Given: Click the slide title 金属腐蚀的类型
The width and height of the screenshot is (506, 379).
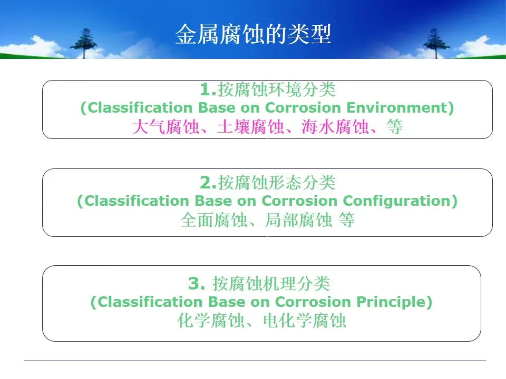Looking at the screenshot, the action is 253,34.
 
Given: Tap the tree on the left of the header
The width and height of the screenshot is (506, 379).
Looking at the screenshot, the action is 84,43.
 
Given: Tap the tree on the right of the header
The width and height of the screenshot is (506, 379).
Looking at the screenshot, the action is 436,43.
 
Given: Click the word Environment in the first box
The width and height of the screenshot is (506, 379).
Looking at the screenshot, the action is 397,107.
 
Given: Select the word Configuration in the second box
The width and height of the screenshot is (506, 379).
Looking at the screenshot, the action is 396,202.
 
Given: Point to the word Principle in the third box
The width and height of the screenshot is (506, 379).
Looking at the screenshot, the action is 391,302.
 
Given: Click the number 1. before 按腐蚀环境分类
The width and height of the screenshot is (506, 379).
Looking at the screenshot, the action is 208,89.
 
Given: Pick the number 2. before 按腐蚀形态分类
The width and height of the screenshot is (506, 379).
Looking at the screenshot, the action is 208,183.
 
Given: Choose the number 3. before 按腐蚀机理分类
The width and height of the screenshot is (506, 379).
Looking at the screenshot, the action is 197,284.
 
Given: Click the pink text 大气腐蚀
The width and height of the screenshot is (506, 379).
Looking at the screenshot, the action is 166,127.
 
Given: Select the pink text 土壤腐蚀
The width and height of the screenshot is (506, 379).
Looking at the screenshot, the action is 250,127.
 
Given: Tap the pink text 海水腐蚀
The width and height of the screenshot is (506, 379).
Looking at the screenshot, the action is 335,127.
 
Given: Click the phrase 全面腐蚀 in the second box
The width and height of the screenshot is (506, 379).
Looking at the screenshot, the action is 213,220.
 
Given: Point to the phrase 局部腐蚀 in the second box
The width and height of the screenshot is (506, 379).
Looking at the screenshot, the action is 298,220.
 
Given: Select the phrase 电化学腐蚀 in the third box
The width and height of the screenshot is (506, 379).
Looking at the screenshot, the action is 305,321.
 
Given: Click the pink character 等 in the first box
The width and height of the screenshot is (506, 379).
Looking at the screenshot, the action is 395,127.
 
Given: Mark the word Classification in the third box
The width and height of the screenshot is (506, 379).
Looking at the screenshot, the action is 149,302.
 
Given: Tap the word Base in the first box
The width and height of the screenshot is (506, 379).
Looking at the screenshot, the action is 217,107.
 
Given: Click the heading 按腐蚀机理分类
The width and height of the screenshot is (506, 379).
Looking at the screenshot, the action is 271,284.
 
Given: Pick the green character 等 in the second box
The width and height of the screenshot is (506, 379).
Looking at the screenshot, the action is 347,220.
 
